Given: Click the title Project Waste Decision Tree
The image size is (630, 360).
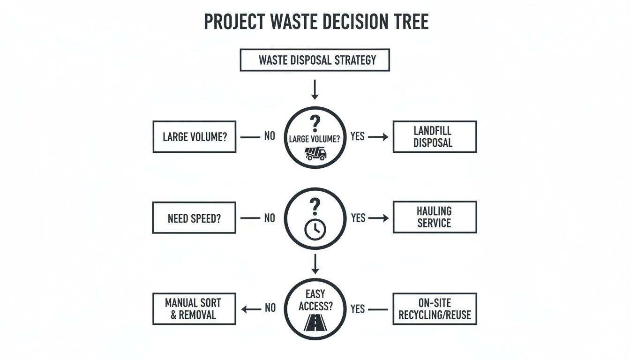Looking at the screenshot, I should tap(316, 22).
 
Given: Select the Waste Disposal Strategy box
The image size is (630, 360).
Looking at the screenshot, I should tap(315, 60).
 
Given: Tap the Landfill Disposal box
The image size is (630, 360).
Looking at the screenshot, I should tap(435, 137).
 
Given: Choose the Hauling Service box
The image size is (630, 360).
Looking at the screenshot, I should tap(435, 217).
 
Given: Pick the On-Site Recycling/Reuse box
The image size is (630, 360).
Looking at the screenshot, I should tap(435, 309).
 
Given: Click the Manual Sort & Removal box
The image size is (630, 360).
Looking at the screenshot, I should tap(194, 309).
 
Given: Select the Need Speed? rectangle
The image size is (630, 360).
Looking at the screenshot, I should tap(194, 218).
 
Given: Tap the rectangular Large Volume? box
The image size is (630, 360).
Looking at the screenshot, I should tap(194, 137).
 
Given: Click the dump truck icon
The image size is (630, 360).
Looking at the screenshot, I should tap(315, 153).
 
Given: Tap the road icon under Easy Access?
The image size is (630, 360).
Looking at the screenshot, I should tap(315, 322).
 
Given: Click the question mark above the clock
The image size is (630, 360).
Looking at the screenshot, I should tap(315, 206).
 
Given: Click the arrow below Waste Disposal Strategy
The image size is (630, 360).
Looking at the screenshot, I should tap(315, 90).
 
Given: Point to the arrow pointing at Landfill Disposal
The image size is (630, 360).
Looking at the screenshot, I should tap(379, 137).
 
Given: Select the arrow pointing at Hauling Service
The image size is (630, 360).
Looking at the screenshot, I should tap(379, 218).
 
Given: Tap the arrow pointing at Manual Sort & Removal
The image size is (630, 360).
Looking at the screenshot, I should tap(251, 309).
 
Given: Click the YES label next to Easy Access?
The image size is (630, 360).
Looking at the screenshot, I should tap(358, 309).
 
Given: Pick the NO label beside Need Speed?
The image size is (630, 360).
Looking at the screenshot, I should tap(270, 218).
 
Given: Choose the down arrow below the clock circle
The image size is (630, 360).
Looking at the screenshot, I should tap(315, 264).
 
